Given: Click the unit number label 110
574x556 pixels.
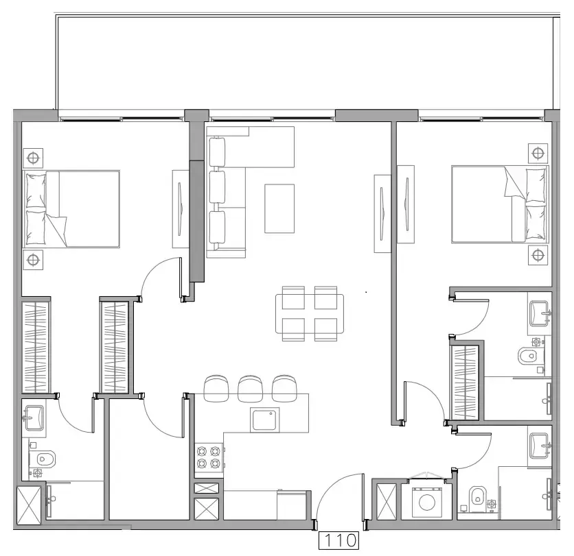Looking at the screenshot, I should click(339, 540).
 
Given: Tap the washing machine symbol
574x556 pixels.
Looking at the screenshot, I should click(425, 501).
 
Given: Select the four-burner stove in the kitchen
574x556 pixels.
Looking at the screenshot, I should click(209, 457).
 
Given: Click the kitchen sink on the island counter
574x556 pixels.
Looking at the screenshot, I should click(266, 419).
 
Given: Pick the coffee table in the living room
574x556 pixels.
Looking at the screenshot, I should click(279, 208).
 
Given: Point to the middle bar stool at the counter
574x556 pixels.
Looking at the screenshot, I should click(249, 387).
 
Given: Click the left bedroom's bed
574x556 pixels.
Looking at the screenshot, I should click(72, 208).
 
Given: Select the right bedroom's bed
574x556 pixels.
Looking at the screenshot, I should click(500, 204).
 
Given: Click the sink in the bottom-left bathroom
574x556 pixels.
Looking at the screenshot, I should click(34, 417).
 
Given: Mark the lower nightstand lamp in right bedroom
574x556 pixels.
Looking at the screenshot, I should click(538, 256).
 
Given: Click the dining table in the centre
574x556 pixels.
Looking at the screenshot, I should click(310, 313).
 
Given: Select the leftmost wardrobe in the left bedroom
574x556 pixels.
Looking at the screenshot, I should click(36, 348).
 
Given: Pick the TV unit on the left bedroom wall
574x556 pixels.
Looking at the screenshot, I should click(179, 208).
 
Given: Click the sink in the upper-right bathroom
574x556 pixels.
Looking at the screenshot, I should click(540, 313).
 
